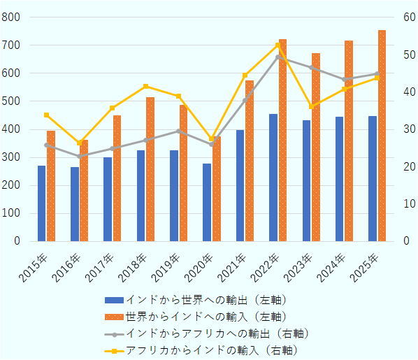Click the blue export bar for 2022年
[x=273, y=178]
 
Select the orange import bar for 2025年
[x=382, y=136]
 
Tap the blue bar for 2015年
[x=41, y=203]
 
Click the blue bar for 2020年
[x=207, y=202]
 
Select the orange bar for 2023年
[x=316, y=147]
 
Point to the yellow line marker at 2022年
[x=278, y=45]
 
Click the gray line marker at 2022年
[x=278, y=57]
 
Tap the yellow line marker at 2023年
[x=311, y=106]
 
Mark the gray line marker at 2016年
[x=80, y=156]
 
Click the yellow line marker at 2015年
[x=46, y=115]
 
